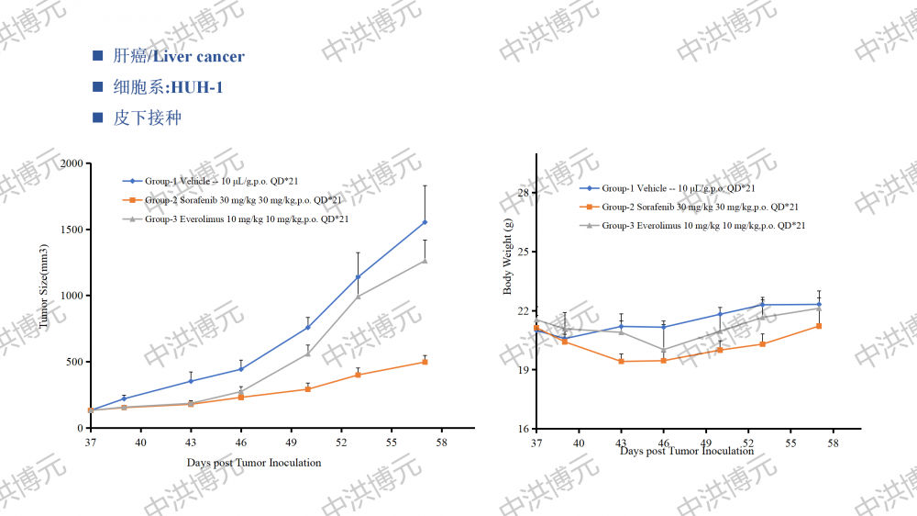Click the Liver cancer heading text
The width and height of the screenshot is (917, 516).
click(x=198, y=57)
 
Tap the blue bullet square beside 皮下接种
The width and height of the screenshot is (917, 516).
click(x=98, y=118)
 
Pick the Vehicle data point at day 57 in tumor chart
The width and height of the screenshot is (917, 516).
click(x=425, y=222)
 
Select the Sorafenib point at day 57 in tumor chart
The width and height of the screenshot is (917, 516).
click(x=425, y=362)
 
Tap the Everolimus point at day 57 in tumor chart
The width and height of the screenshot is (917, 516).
click(x=425, y=261)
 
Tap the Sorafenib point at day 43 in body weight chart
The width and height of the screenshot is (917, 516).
click(x=621, y=361)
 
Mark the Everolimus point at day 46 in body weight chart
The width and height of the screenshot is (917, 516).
click(x=663, y=350)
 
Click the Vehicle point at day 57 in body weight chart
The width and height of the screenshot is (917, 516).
click(x=819, y=304)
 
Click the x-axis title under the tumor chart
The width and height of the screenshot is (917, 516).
click(x=254, y=463)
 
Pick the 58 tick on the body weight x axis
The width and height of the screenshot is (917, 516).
click(x=834, y=443)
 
